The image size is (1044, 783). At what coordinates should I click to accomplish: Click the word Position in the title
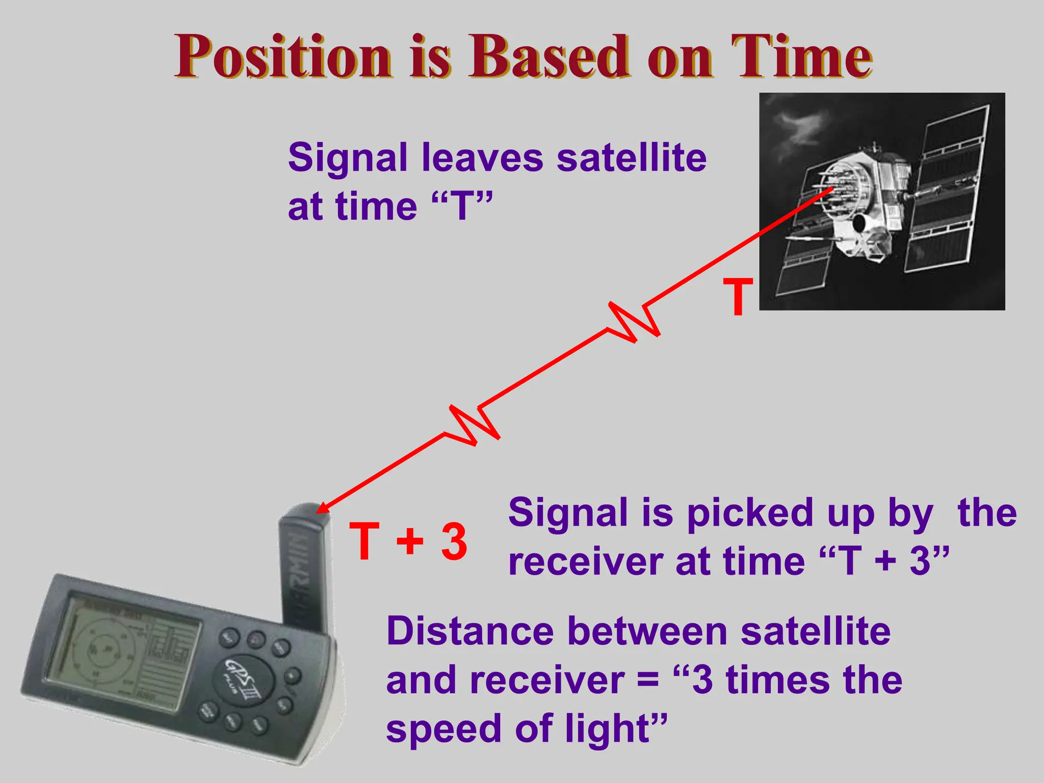[x=283, y=57]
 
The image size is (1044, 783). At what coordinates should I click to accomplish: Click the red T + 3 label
[x=408, y=541]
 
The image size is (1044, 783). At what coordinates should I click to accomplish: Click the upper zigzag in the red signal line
[x=634, y=321]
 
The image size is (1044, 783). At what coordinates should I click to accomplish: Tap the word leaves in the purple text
[x=482, y=158]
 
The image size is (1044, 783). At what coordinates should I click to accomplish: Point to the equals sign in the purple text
[x=648, y=681]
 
